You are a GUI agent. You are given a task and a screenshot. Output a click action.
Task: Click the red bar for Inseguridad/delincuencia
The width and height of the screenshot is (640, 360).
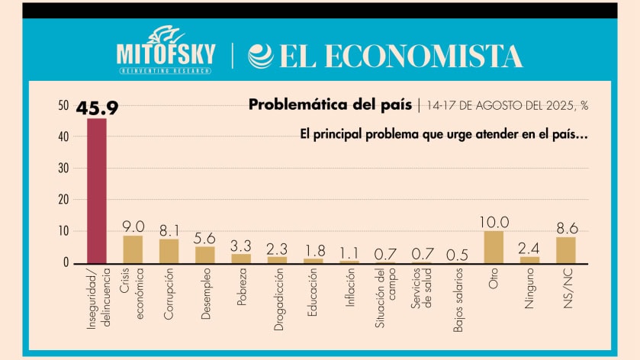pos(97,191)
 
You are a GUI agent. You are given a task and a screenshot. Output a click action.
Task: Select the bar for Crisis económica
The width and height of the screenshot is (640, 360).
pos(133,249)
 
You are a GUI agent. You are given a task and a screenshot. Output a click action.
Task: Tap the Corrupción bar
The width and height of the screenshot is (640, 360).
pos(169,250)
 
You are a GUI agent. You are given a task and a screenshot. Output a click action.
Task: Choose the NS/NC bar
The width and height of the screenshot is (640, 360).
pos(565,249)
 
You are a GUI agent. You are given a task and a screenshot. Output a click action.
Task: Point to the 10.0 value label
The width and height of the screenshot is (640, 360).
pos(494,222)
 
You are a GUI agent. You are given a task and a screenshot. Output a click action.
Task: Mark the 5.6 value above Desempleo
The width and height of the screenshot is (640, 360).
pos(204,237)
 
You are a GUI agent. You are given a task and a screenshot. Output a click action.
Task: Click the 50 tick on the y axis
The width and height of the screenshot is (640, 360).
pos(63,105)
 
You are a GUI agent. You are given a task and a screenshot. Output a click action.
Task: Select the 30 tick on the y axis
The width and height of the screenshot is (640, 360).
pos(63,168)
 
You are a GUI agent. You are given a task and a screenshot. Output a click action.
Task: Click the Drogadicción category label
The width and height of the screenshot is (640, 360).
pos(276,302)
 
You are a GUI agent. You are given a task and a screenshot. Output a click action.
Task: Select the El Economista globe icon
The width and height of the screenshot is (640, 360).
pos(261,56)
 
